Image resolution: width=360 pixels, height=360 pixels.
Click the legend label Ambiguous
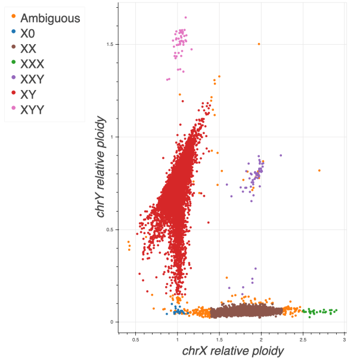(50, 18)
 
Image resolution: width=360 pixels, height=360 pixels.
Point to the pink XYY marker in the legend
(13, 109)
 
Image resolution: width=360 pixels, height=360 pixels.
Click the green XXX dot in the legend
(13, 64)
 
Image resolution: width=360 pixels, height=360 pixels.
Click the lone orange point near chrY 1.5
(259, 44)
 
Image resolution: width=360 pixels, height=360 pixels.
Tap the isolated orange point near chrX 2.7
(319, 170)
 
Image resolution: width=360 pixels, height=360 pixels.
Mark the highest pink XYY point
(185, 17)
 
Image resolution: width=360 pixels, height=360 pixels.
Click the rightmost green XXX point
(337, 310)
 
